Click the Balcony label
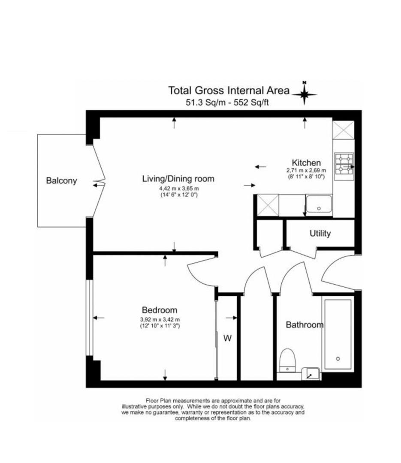click(61, 180)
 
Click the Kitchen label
click(306, 163)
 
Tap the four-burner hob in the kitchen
click(344, 164)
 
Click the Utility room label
click(320, 234)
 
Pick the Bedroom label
click(159, 310)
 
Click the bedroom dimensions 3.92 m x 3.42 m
click(159, 319)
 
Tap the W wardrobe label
click(227, 338)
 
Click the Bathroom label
click(305, 325)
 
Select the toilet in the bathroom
click(287, 359)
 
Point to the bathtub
click(338, 334)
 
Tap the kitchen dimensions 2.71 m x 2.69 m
click(306, 170)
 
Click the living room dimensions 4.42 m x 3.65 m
click(178, 188)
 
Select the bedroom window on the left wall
click(89, 318)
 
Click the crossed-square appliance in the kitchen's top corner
click(344, 129)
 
